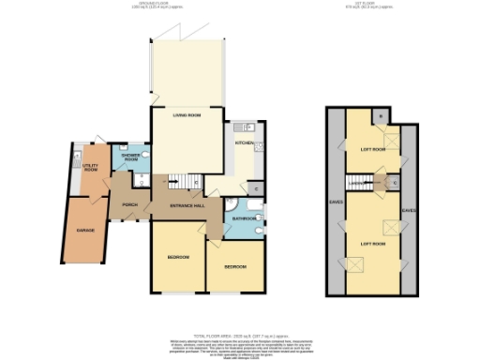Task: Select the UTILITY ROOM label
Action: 91,168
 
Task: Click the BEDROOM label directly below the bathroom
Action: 235,267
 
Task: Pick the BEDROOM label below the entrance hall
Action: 179,257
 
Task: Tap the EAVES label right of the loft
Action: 409,211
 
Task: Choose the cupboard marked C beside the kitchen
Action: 256,189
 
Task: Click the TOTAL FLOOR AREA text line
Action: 240,334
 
